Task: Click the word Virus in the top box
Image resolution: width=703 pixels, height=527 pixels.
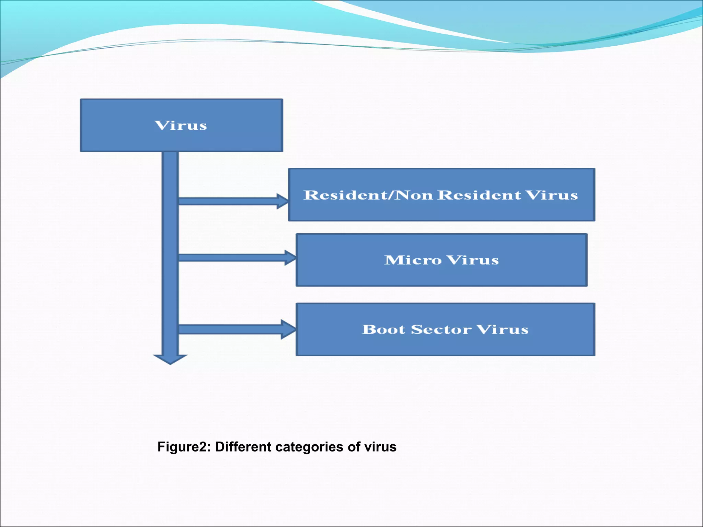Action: pyautogui.click(x=181, y=126)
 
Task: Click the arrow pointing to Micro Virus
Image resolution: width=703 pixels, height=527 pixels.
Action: pyautogui.click(x=237, y=258)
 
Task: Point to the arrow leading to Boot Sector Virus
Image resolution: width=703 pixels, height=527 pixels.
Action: pyautogui.click(x=237, y=329)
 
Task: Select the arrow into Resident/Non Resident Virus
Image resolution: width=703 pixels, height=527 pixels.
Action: pyautogui.click(x=233, y=201)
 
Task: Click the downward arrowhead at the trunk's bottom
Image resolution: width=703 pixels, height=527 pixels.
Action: pyautogui.click(x=170, y=359)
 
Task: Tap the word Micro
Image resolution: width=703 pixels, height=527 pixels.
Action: pyautogui.click(x=413, y=260)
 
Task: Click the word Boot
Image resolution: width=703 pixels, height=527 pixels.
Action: pyautogui.click(x=383, y=329)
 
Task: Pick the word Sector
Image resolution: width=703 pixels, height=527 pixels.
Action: pyautogui.click(x=441, y=329)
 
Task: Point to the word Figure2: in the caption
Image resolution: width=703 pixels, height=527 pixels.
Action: pyautogui.click(x=184, y=447)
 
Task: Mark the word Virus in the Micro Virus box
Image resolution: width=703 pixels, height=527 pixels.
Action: pyautogui.click(x=473, y=260)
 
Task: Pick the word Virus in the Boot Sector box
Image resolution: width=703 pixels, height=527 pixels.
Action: pyautogui.click(x=503, y=329)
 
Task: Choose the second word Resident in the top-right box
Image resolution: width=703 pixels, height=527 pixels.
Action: pyautogui.click(x=480, y=195)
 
